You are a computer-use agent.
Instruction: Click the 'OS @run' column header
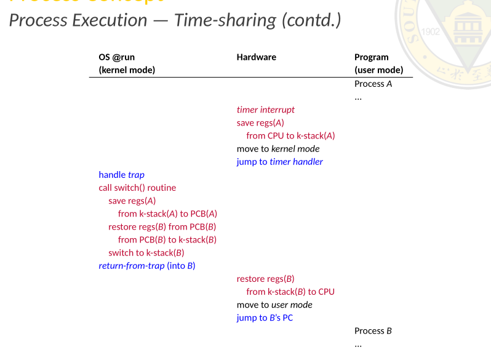pos(116,57)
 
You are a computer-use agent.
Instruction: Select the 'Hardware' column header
pos(256,57)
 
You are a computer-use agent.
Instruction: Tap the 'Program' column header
pos(371,57)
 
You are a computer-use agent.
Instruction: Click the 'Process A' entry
pos(373,84)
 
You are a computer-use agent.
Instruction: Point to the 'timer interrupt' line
pos(265,110)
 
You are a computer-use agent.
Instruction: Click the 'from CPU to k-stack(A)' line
pos(290,135)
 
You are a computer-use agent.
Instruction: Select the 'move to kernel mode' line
pos(278,148)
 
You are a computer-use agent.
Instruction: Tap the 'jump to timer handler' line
pos(279,162)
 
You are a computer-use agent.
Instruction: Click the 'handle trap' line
pos(121,175)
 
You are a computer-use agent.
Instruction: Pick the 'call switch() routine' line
pos(137,188)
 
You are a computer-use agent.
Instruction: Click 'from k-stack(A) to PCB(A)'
pos(167,214)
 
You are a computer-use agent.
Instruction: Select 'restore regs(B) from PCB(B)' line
pos(162,226)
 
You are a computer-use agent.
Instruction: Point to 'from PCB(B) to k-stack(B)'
pos(167,239)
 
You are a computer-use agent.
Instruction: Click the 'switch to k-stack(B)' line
pos(146,252)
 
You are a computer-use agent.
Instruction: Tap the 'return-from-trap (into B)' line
pos(146,266)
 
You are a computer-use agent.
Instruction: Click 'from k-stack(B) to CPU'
pos(290,292)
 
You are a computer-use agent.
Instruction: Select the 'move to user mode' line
pos(274,305)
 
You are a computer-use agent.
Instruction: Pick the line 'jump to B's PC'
pos(265,318)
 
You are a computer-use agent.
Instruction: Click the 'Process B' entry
pos(373,331)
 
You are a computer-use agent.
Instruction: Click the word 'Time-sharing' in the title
pos(225,20)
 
